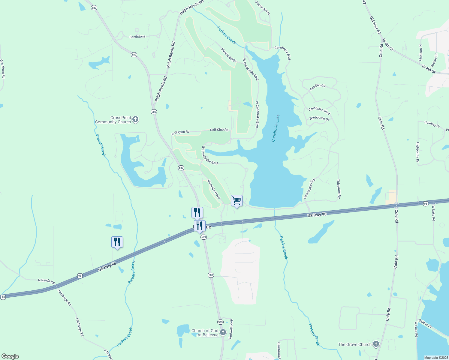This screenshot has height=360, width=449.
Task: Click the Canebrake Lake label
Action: (276, 128)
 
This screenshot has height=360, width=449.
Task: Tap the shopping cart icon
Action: (237, 200)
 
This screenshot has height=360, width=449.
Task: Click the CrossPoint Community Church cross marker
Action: (135, 120)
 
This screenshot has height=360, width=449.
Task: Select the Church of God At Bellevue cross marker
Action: (223, 332)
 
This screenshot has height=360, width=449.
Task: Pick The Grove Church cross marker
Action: (376, 344)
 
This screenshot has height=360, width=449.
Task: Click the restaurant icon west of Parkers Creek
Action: (117, 242)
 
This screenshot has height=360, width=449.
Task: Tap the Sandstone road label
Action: (137, 37)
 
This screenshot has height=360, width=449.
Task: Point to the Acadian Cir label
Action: (318, 87)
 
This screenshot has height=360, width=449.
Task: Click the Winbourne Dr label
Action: (319, 118)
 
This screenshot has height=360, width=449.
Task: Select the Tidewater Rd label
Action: (339, 189)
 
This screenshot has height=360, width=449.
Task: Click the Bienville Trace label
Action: (214, 189)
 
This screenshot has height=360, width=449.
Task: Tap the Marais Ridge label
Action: (229, 55)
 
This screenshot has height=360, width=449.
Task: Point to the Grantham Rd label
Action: (2, 69)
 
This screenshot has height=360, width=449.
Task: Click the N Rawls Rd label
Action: (46, 281)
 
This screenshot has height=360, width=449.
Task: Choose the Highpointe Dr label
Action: (417, 152)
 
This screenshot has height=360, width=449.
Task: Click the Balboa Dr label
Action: (425, 324)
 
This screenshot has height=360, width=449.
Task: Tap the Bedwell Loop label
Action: (231, 329)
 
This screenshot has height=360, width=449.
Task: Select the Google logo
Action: (10, 356)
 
